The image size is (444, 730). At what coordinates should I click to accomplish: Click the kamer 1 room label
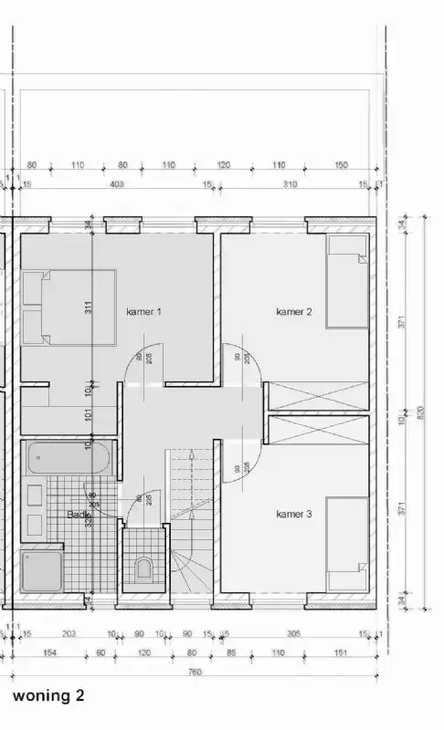pyautogui.click(x=143, y=312)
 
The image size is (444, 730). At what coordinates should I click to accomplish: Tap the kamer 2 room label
pyautogui.click(x=294, y=312)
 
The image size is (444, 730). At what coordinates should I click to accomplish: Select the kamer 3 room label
pyautogui.click(x=294, y=515)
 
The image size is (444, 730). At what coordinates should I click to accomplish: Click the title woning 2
pyautogui.click(x=48, y=695)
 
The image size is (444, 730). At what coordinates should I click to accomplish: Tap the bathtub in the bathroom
pyautogui.click(x=69, y=457)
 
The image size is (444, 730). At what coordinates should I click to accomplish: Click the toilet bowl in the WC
pyautogui.click(x=143, y=571)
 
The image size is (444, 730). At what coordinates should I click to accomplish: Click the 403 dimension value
pyautogui.click(x=117, y=184)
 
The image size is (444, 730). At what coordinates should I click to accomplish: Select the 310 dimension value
pyautogui.click(x=290, y=184)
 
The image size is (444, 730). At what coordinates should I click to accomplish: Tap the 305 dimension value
pyautogui.click(x=293, y=634)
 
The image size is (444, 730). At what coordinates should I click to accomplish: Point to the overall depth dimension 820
pyautogui.click(x=420, y=412)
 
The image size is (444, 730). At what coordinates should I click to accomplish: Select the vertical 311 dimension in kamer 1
pyautogui.click(x=89, y=308)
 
